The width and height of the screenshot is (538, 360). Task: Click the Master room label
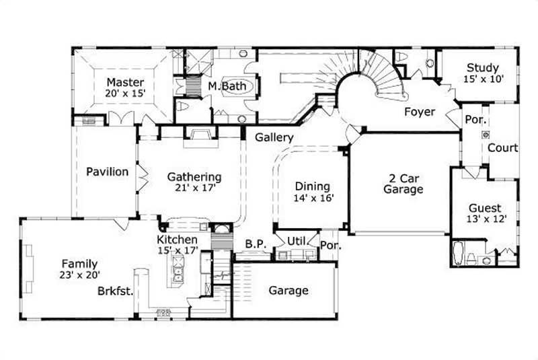tap(126, 82)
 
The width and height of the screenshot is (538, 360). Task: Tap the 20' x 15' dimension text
tap(126, 94)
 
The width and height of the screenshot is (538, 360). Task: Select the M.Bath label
tap(221, 87)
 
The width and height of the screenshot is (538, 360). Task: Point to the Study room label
tap(482, 67)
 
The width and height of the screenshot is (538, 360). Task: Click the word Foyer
tap(419, 112)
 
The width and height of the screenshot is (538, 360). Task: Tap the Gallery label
tap(274, 137)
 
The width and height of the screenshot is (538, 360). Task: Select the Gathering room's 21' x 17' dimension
tap(194, 189)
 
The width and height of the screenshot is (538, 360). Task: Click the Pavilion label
tap(107, 172)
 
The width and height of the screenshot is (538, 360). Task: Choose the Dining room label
tap(312, 186)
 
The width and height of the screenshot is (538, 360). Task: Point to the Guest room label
tap(484, 208)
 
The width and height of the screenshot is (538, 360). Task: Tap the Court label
tap(502, 148)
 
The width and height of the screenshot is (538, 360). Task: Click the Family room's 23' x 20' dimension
tap(79, 275)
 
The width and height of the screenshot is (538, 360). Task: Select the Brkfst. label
tap(114, 291)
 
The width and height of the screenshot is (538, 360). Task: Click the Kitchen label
tap(177, 240)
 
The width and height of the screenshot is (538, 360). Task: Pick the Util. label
tap(297, 240)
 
